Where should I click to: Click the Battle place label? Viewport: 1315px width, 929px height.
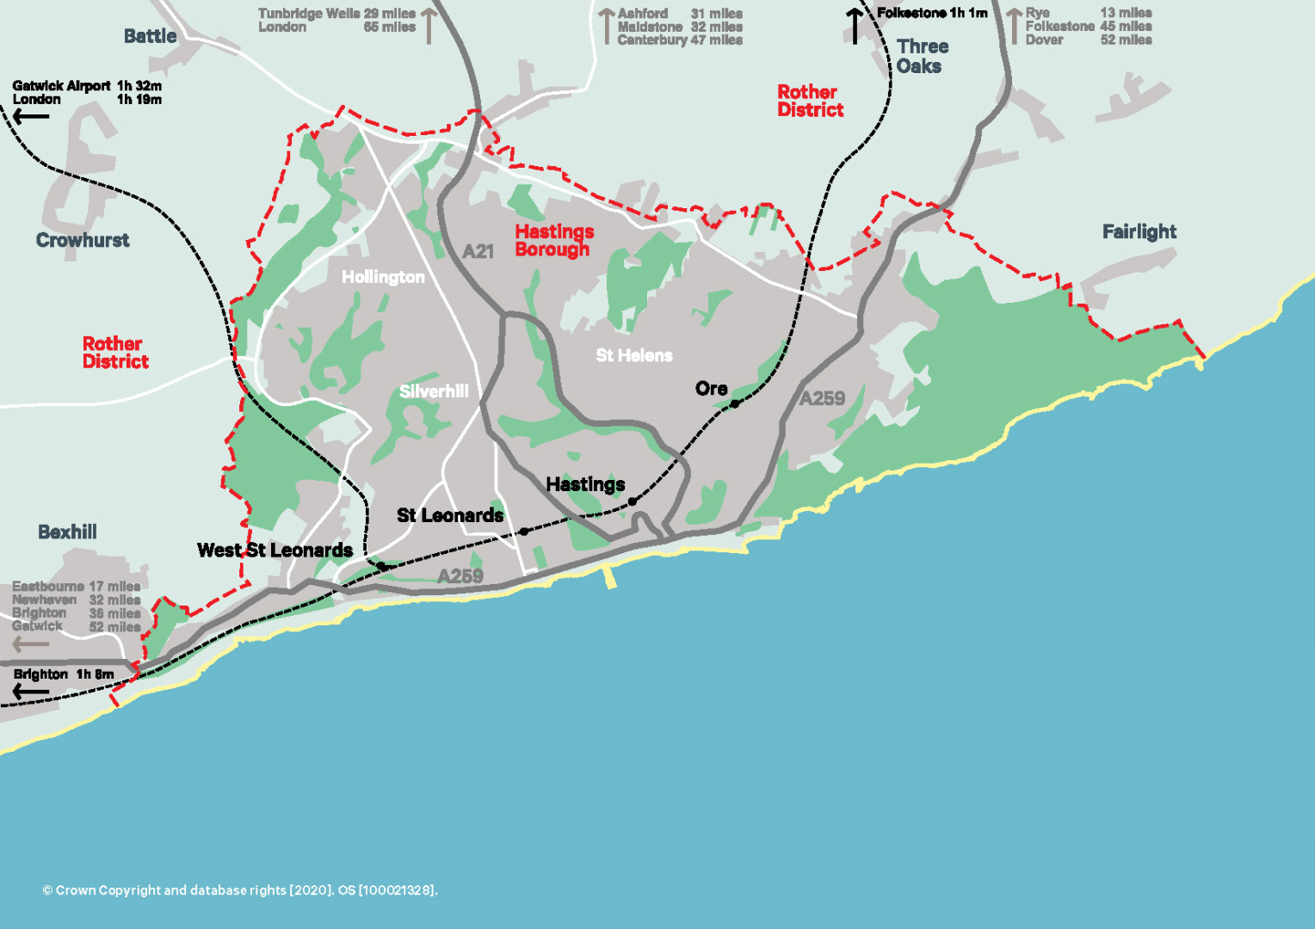point(150,36)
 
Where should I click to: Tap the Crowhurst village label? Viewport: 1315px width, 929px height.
point(83,240)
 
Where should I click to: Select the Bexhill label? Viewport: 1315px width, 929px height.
point(67,532)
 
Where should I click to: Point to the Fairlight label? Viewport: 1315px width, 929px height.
point(1139,231)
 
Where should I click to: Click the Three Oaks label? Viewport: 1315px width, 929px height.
point(922,56)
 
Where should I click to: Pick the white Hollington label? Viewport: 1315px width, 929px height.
point(383,277)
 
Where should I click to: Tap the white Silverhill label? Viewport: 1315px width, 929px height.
point(434,391)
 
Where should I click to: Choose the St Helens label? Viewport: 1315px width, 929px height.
point(633,355)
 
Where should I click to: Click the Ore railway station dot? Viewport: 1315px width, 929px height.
point(734,403)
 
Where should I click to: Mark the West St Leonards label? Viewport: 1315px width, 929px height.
point(275,550)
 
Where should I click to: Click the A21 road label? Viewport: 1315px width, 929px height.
point(478,251)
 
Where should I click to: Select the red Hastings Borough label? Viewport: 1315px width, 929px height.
point(553,241)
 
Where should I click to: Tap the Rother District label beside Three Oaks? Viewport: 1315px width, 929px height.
point(809,101)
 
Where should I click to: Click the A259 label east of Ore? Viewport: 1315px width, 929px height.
point(821,398)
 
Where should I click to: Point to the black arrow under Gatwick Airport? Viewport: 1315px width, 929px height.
point(31,116)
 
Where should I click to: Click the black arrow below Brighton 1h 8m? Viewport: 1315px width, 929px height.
point(31,691)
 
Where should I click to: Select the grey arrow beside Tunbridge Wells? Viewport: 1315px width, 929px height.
point(429,25)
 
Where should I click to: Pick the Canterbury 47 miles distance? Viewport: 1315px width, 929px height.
point(679,40)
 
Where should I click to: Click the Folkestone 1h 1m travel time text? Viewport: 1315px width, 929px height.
point(931,13)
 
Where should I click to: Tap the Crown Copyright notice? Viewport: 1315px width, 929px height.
point(240,890)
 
